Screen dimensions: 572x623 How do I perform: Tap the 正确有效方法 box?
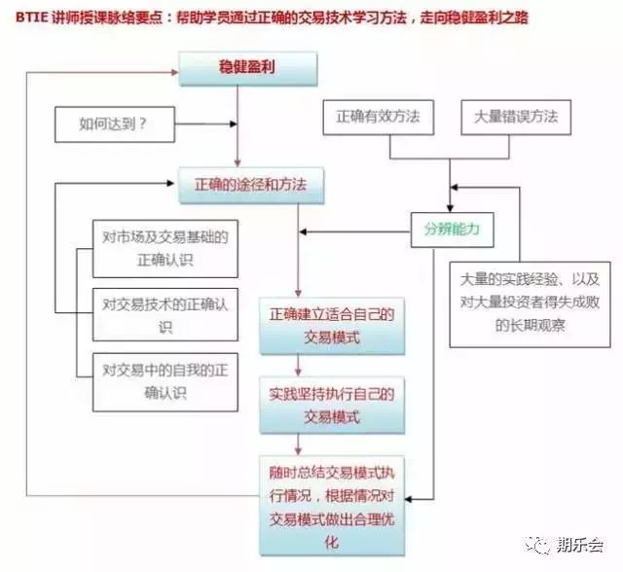tap(378, 117)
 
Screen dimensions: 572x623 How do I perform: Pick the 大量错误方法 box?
tap(516, 117)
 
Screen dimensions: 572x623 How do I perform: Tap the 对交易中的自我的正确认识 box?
tap(165, 380)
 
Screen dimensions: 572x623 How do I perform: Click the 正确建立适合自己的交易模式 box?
tap(332, 325)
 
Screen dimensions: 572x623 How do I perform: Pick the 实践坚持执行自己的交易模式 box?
tap(332, 406)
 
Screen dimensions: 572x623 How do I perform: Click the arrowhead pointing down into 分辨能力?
tap(449, 205)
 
